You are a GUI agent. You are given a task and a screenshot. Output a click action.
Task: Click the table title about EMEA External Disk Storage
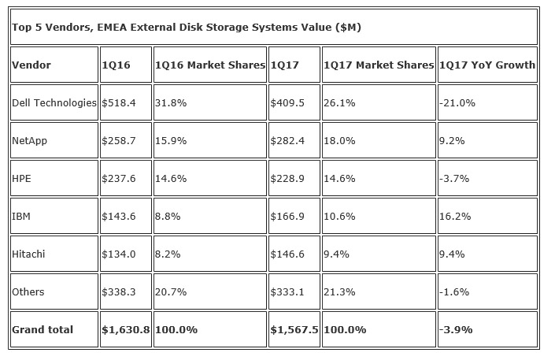point(187,28)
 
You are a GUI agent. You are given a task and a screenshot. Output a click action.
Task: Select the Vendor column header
point(31,65)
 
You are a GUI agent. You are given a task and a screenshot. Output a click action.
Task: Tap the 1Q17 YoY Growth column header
point(487,65)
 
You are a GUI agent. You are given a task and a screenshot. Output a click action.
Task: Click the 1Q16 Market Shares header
point(209,65)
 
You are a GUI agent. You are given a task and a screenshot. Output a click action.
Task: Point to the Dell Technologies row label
point(54,103)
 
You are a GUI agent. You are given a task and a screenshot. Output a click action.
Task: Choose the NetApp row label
point(29,141)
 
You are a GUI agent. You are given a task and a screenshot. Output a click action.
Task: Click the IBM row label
point(22,217)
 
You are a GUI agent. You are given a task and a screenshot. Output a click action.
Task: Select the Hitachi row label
point(29,254)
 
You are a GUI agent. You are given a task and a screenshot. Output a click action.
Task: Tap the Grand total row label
point(42,330)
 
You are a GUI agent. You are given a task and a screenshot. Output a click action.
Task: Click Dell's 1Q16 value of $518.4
point(118,103)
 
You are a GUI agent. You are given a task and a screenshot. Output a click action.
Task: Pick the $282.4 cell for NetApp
point(287,141)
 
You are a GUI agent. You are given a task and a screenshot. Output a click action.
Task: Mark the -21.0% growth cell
point(456,103)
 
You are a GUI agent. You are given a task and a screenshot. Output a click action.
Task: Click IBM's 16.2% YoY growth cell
point(453,217)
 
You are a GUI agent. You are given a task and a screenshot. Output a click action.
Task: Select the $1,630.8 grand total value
point(126,330)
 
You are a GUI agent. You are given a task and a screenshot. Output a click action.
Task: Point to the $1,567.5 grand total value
point(294,330)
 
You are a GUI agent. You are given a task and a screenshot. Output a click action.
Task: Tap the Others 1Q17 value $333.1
point(287,292)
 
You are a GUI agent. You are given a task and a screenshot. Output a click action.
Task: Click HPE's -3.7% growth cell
point(453,179)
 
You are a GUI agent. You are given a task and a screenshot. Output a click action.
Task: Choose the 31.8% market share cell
point(170,103)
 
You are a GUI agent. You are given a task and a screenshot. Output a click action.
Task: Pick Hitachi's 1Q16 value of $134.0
point(118,254)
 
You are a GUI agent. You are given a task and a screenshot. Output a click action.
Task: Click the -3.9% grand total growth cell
point(455,330)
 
